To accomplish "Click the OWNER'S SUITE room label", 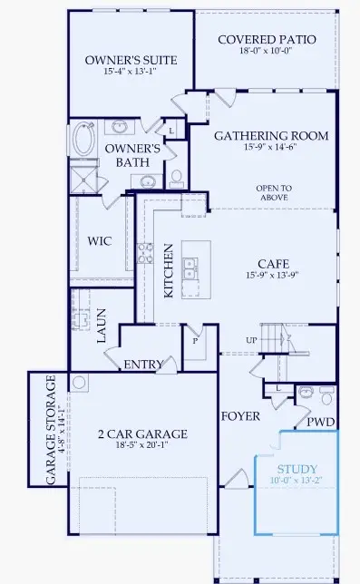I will [x=131, y=60].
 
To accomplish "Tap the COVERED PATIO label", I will [x=267, y=40].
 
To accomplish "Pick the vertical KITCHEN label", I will [x=168, y=269].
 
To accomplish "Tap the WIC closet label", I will [x=100, y=242].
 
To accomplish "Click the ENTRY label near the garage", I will [x=143, y=365].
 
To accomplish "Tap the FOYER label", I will [x=240, y=416].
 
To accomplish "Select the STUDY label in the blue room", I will [x=298, y=469].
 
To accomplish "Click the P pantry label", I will [x=194, y=342].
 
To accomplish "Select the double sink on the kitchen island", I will [x=191, y=268].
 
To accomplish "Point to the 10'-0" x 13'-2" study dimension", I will [x=298, y=482].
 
